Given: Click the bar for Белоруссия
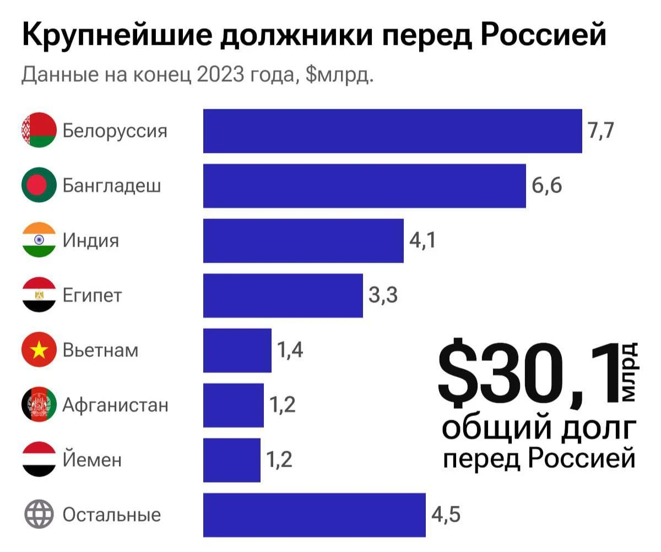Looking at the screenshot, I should [x=392, y=131].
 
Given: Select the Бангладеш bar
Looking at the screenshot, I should [x=364, y=186].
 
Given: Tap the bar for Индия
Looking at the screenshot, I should [x=303, y=241].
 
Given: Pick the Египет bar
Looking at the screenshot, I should [x=283, y=295].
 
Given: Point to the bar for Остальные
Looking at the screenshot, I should [x=314, y=515].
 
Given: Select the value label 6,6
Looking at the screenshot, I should [x=546, y=186].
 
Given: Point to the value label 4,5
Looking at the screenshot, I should [x=446, y=515].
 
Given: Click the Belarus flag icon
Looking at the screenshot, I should [x=39, y=131].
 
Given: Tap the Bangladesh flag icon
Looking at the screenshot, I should [x=39, y=186].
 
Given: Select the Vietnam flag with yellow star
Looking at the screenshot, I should [x=39, y=350].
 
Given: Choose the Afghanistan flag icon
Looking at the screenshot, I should [x=39, y=405].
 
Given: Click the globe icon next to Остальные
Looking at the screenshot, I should [x=39, y=515].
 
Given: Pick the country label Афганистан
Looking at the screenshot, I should [x=115, y=405].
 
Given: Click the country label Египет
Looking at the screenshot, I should [x=92, y=296].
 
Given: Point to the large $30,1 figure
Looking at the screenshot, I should [x=529, y=375].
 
